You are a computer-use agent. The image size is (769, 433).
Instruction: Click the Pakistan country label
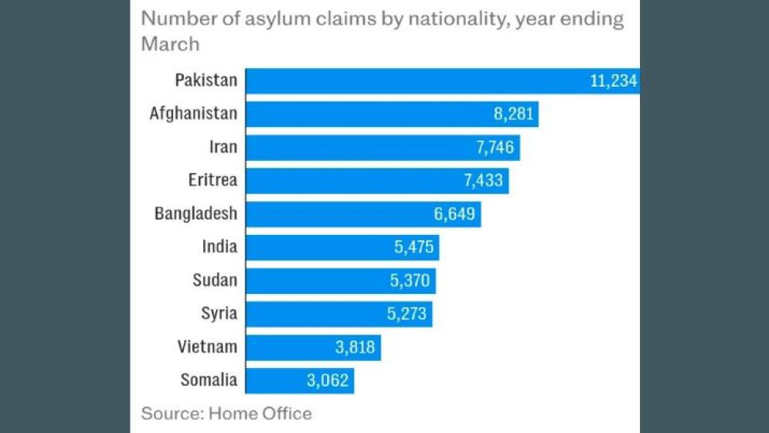point(206,80)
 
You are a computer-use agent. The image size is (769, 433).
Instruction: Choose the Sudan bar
point(341,281)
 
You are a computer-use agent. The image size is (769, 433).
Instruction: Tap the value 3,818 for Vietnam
point(355,347)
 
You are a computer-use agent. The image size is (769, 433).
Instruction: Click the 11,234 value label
point(613,80)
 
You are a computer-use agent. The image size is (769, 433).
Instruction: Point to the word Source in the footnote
point(170,413)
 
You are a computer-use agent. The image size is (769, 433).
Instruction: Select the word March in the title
point(170,43)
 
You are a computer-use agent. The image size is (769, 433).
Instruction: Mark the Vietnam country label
point(207,347)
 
